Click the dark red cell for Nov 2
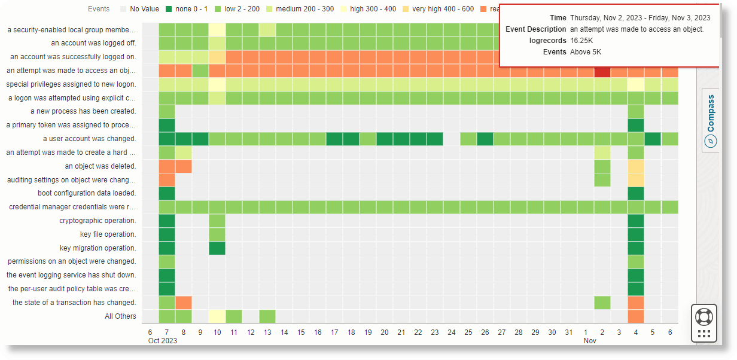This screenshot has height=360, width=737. pyautogui.click(x=602, y=71)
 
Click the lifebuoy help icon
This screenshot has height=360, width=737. pyautogui.click(x=703, y=316)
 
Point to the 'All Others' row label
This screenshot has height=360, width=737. pyautogui.click(x=120, y=316)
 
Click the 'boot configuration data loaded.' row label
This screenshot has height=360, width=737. pyautogui.click(x=87, y=193)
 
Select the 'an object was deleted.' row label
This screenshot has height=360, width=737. pyautogui.click(x=100, y=166)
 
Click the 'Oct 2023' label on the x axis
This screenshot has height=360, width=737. pyautogui.click(x=163, y=341)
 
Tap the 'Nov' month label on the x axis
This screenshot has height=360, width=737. pyautogui.click(x=590, y=341)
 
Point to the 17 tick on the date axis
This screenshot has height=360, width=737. pyautogui.click(x=334, y=332)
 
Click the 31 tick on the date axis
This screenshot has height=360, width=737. pyautogui.click(x=569, y=332)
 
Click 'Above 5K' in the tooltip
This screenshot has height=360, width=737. pyautogui.click(x=586, y=52)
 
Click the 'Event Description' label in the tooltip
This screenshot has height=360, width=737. pyautogui.click(x=535, y=29)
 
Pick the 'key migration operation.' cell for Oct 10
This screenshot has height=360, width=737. pyautogui.click(x=217, y=248)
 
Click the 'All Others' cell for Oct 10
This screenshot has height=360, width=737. pyautogui.click(x=217, y=316)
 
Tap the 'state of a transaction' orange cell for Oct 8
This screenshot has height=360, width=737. pyautogui.click(x=184, y=303)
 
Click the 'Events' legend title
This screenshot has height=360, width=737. pyautogui.click(x=99, y=9)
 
